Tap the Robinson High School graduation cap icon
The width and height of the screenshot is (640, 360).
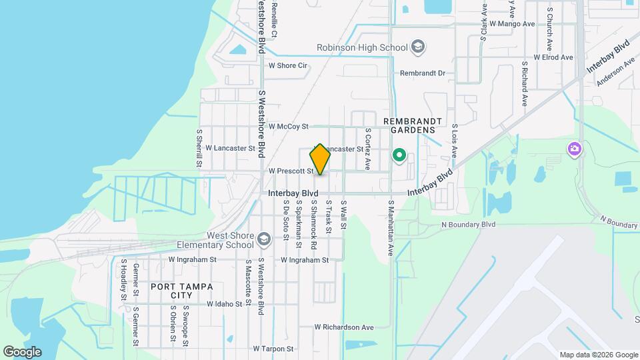point(419,47)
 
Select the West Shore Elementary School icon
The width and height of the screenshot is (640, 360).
point(265,239)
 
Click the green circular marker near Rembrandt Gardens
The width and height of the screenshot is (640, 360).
point(399,156)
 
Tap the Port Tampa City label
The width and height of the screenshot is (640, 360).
point(181,291)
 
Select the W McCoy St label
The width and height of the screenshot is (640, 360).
point(289,126)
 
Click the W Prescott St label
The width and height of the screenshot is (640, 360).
point(291,171)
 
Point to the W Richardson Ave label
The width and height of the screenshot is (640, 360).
point(344,327)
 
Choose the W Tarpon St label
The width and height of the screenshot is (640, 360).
point(273,349)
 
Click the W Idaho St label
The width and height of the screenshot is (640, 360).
point(224,304)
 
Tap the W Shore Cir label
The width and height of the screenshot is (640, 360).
point(287,65)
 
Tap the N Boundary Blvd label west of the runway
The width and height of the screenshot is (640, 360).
point(469,225)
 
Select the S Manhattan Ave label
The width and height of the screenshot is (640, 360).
point(392,227)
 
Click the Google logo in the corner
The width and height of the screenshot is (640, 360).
point(22,351)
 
